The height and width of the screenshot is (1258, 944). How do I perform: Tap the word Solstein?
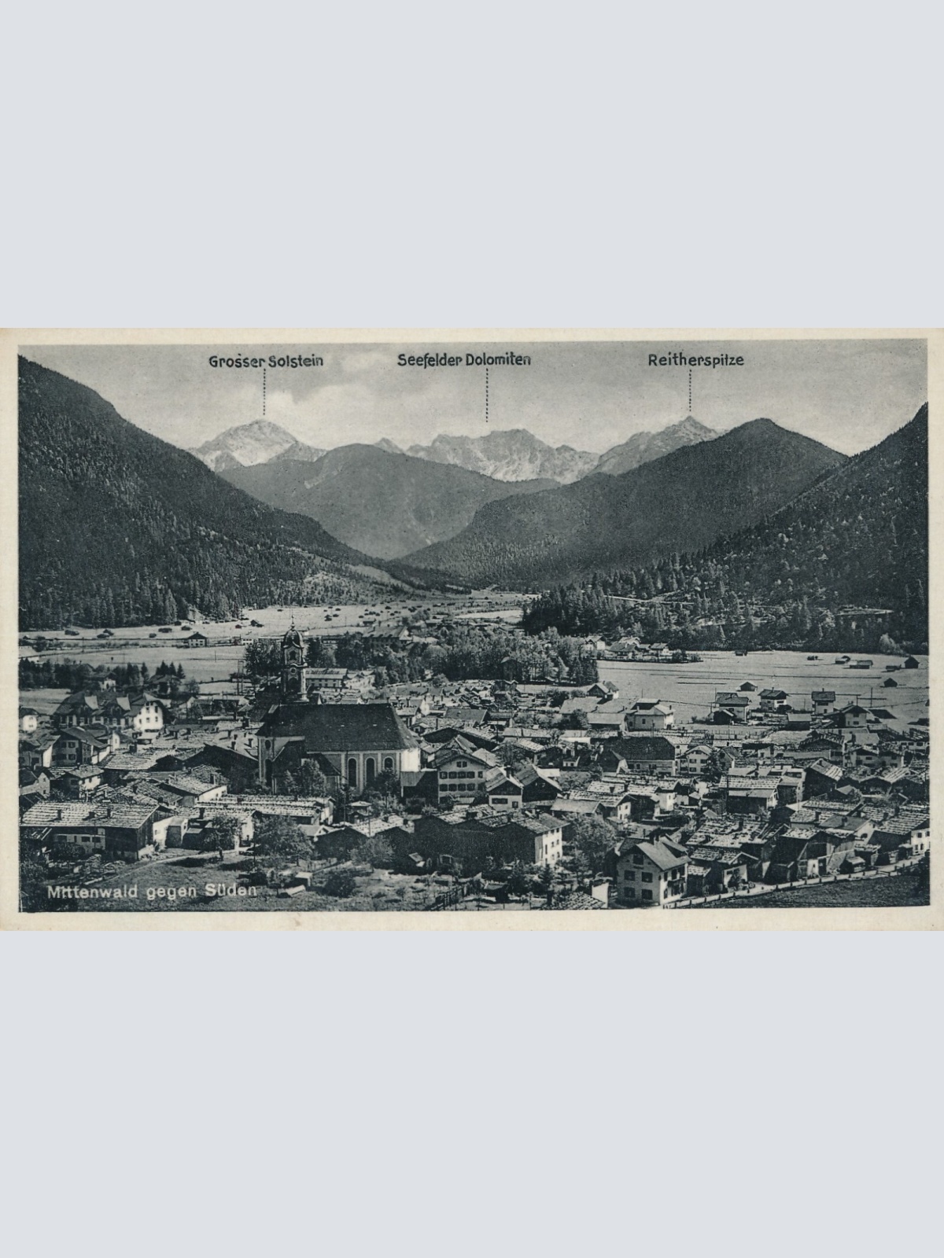tap(296, 362)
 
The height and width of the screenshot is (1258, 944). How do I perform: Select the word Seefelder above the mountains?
tap(429, 360)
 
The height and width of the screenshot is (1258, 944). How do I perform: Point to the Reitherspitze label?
tap(695, 361)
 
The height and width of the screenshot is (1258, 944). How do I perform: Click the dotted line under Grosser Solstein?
tap(264, 393)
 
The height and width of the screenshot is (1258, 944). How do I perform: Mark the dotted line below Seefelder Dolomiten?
tap(487, 395)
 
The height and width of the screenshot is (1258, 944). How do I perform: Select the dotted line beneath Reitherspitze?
tap(690, 392)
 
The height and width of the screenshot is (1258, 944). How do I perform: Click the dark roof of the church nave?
tap(338, 725)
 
